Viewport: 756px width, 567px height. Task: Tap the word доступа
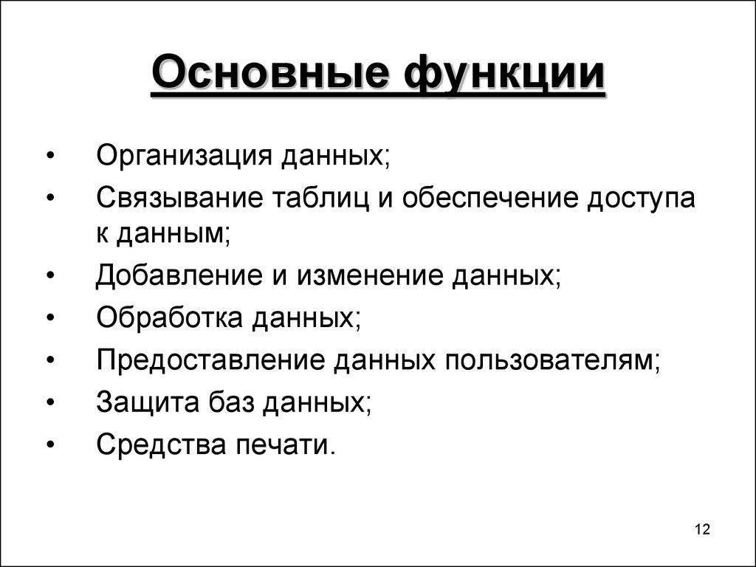tap(641, 199)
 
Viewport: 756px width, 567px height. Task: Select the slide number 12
tap(701, 530)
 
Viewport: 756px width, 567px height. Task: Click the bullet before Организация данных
tap(50, 157)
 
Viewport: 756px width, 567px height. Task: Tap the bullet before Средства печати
tap(50, 446)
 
